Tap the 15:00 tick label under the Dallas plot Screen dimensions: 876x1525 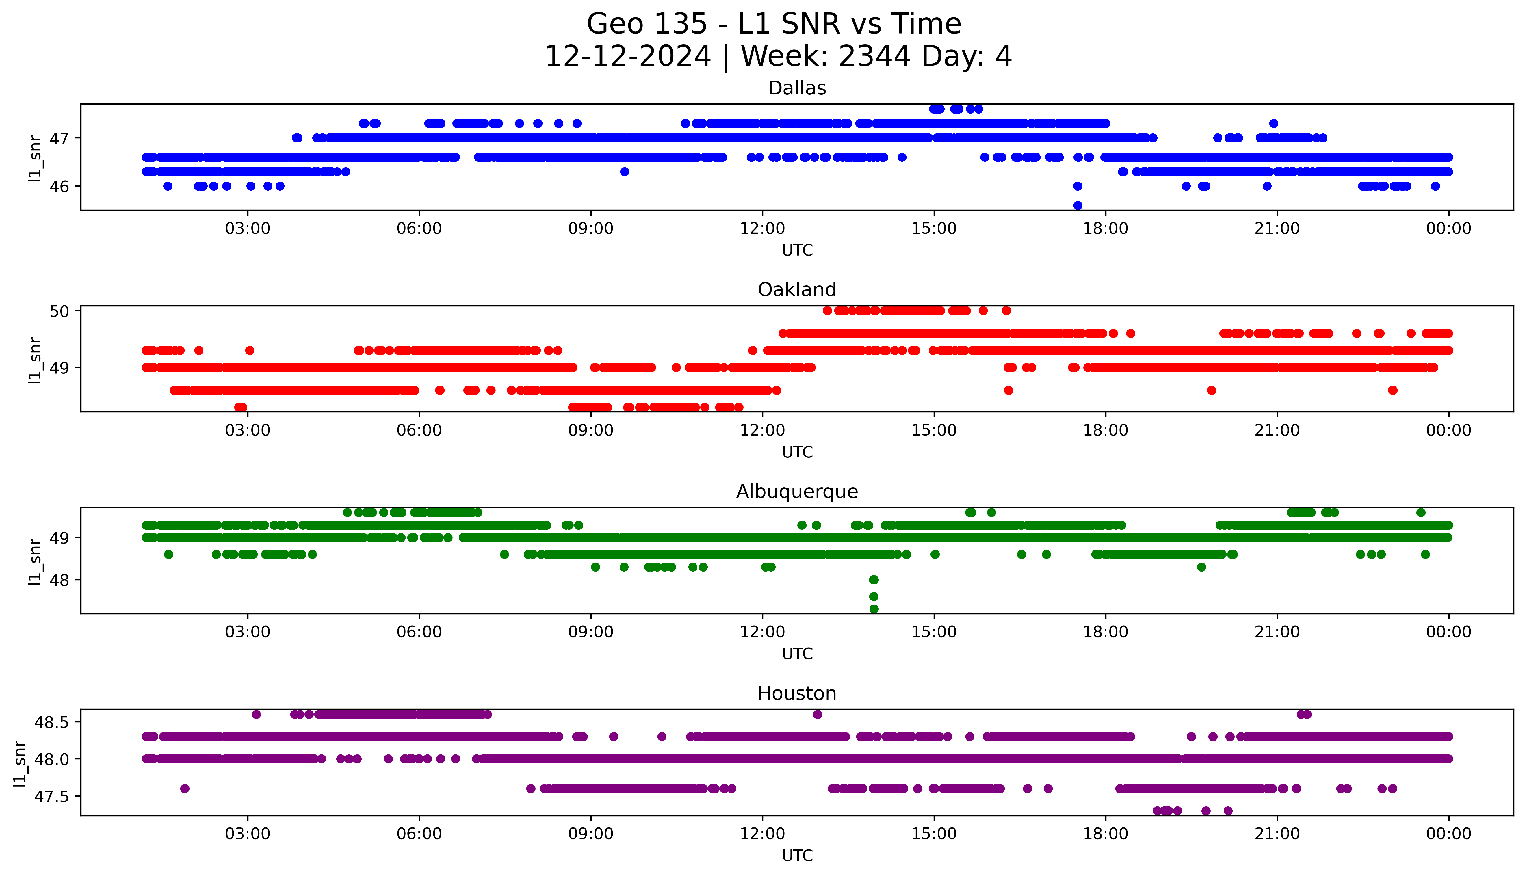tap(934, 229)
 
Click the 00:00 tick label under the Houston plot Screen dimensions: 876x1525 tap(1449, 834)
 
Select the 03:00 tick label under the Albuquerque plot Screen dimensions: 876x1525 tap(247, 632)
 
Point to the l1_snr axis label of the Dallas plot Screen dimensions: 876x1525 tap(35, 158)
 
